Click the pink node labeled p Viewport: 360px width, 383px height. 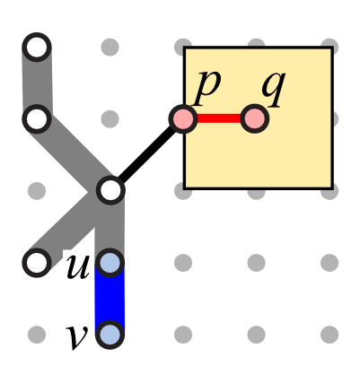(183, 119)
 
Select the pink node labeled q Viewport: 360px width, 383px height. (255, 119)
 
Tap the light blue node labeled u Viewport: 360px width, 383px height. (110, 263)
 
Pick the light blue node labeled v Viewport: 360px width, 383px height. (110, 335)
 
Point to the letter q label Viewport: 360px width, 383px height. (273, 88)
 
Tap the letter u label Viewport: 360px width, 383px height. (78, 266)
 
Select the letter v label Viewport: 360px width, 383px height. (77, 337)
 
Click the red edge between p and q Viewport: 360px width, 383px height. (219, 118)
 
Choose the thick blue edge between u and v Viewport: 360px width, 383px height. (110, 299)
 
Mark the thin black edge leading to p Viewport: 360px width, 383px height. (146, 155)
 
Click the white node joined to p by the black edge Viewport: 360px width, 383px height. (110, 190)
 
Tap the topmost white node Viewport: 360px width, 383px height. (37, 48)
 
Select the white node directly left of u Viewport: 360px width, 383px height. (37, 263)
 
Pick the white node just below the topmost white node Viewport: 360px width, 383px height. (37, 119)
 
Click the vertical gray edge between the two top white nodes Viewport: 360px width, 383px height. (37, 83)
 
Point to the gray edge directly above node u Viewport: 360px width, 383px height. (110, 227)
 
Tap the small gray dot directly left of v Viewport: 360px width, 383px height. (37, 335)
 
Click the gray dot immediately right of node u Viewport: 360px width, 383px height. (183, 263)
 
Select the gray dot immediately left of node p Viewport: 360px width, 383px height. (110, 119)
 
